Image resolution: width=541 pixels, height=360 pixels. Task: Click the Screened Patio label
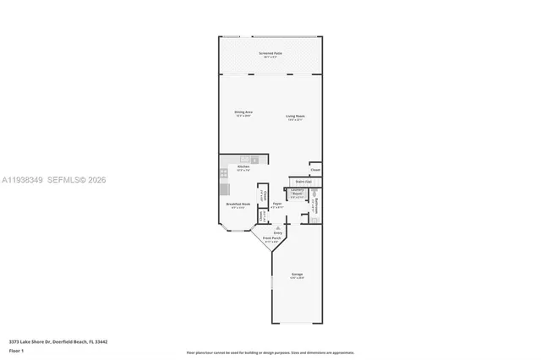(x=271, y=54)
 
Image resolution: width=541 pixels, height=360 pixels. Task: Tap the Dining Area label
(x=243, y=113)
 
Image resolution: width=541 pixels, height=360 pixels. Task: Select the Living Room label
(x=295, y=117)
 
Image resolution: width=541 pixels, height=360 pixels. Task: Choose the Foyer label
(x=276, y=205)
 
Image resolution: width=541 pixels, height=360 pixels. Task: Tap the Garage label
(x=297, y=275)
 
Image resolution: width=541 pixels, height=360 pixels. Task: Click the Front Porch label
(x=271, y=240)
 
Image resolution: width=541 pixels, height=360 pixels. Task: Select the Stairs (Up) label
(x=303, y=182)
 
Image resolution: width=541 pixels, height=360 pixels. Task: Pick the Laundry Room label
(x=297, y=193)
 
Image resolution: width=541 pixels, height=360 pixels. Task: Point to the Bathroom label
(x=314, y=204)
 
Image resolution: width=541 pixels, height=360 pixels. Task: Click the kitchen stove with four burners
(x=223, y=174)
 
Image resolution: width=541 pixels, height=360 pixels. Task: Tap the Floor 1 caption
(x=16, y=350)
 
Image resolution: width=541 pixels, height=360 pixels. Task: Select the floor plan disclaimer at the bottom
(x=270, y=352)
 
